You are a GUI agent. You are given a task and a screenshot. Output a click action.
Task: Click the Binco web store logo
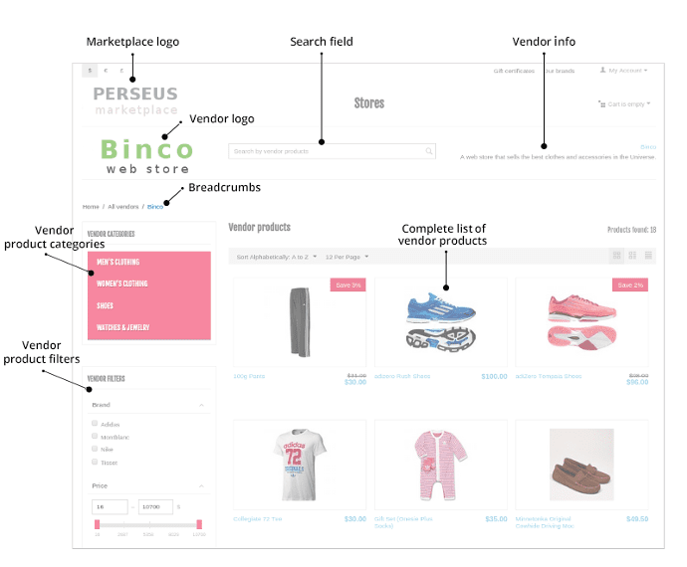tap(147, 156)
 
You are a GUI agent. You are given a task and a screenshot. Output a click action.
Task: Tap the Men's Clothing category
tap(118, 263)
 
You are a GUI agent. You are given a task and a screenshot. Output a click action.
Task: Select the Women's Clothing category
tap(122, 284)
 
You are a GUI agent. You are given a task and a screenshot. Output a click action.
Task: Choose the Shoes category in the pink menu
tap(106, 306)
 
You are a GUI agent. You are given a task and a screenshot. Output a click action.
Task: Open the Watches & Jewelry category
tap(122, 328)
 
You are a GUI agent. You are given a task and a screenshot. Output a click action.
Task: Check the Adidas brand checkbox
tap(95, 424)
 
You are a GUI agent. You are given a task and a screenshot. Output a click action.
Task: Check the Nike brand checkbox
tap(95, 450)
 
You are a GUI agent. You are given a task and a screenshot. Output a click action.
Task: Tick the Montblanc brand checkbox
tap(95, 437)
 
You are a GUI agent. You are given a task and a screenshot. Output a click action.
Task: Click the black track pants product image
tap(299, 321)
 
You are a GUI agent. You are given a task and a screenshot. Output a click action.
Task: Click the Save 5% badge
tap(347, 285)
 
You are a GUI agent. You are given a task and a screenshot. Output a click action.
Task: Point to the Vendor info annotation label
tap(544, 42)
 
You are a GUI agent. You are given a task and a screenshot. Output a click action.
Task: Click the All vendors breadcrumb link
tap(123, 207)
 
